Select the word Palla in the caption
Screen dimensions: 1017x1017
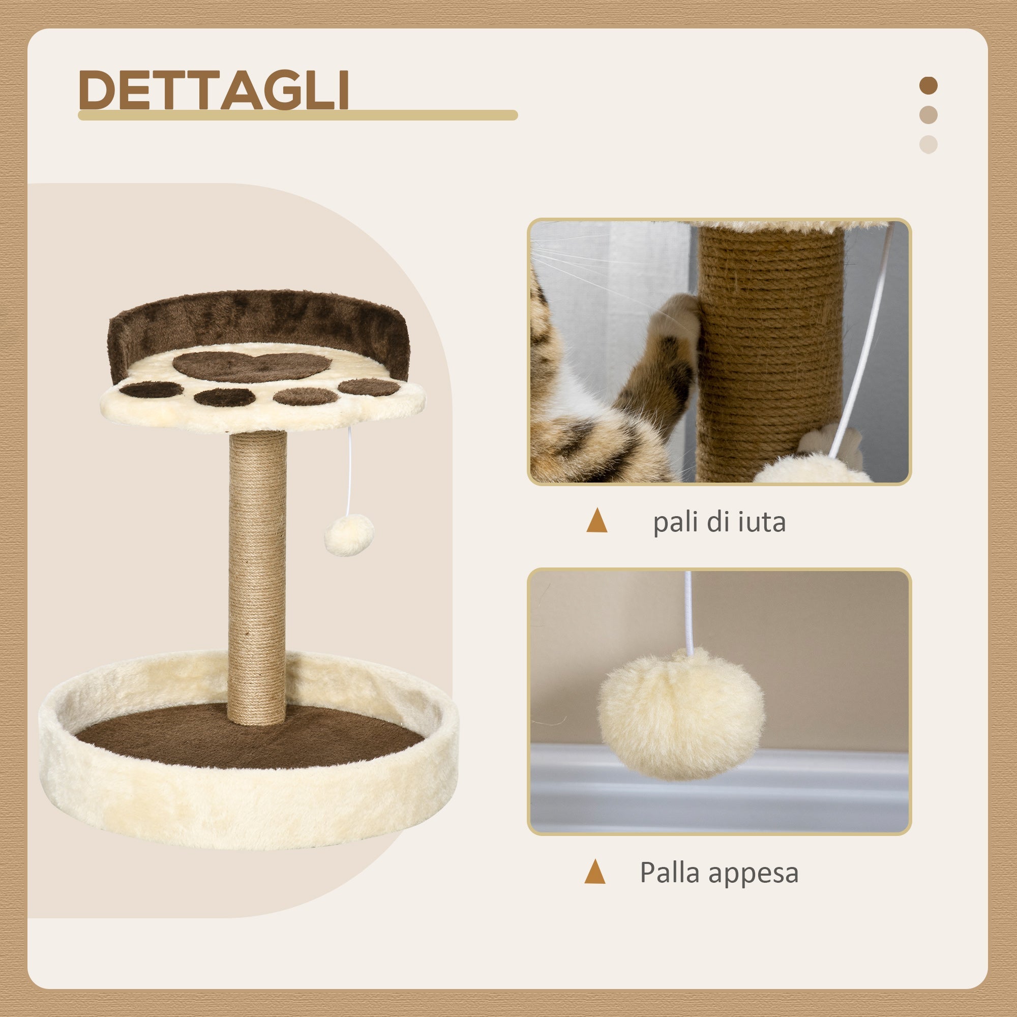pos(670,872)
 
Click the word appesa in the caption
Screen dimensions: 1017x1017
pos(754,873)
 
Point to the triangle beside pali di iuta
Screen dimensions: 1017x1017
pos(596,521)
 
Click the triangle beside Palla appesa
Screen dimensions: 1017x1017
pos(595,872)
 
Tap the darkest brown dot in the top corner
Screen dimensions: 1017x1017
pos(929,86)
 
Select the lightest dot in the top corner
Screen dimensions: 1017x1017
pos(929,145)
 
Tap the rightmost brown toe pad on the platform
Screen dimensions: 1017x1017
pos(369,387)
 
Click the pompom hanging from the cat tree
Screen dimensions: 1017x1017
pos(348,534)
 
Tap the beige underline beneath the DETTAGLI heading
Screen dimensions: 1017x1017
pos(297,115)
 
